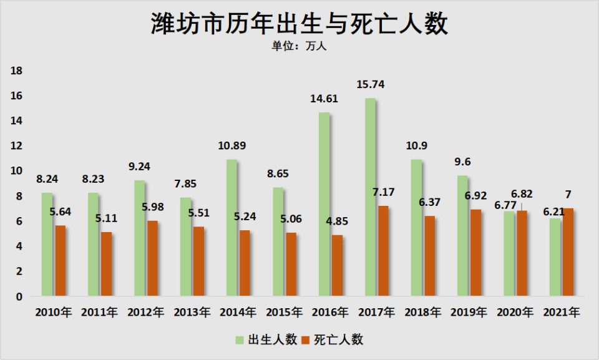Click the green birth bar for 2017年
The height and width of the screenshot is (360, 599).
pyautogui.click(x=371, y=197)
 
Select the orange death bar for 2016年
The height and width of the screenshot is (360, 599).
pyautogui.click(x=337, y=265)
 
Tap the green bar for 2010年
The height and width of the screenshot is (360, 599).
pyautogui.click(x=47, y=244)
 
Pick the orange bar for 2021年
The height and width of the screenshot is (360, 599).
pyautogui.click(x=568, y=252)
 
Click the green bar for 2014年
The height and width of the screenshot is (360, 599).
pyautogui.click(x=231, y=228)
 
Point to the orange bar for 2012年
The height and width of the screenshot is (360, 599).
pyautogui.click(x=152, y=258)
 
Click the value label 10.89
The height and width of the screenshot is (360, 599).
pyautogui.click(x=232, y=145)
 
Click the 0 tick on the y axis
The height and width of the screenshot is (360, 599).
pyautogui.click(x=19, y=296)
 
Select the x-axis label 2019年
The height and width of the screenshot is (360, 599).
pyautogui.click(x=469, y=312)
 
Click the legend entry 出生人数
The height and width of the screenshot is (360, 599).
pyautogui.click(x=265, y=339)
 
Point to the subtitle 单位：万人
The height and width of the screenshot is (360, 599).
pyautogui.click(x=299, y=47)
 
